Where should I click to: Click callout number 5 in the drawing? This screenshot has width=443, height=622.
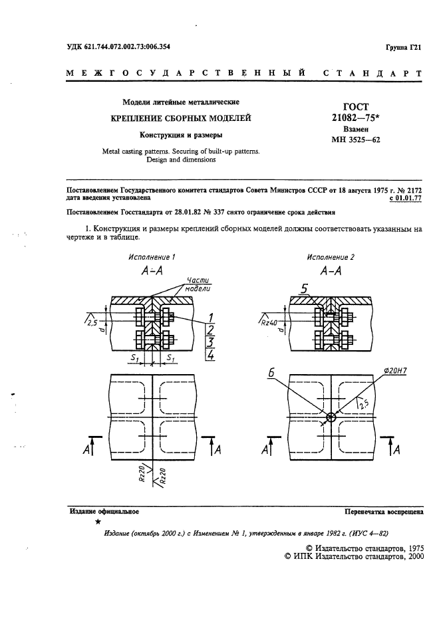point(303,288)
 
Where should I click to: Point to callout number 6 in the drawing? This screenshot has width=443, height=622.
point(272,375)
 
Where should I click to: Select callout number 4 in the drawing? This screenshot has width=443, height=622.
point(210,355)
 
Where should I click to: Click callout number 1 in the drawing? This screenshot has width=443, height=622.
point(210,316)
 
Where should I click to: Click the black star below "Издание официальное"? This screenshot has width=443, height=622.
point(98,523)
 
